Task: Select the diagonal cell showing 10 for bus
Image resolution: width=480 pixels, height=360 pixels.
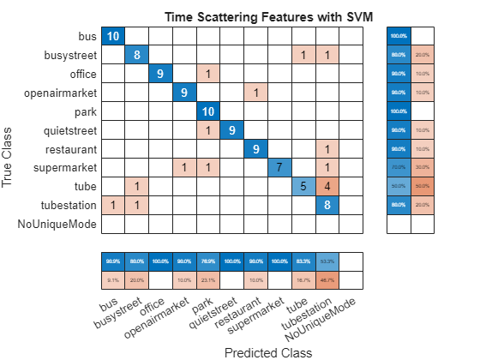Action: (113, 35)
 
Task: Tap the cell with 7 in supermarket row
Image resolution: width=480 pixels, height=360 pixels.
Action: (279, 167)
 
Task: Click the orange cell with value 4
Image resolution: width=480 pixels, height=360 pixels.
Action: (327, 186)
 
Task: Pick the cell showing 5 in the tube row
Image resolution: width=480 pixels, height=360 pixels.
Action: (303, 186)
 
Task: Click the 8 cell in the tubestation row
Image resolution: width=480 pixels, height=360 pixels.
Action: (327, 205)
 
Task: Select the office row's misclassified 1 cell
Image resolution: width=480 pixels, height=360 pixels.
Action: (208, 73)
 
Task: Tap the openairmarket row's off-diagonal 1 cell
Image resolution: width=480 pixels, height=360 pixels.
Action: (255, 92)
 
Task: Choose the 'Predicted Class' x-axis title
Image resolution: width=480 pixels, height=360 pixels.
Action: (267, 351)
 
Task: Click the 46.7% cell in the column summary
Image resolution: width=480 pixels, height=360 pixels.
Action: (327, 279)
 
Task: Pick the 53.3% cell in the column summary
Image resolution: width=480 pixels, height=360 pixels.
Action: (327, 261)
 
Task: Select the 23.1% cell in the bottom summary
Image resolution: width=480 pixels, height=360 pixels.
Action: (208, 279)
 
